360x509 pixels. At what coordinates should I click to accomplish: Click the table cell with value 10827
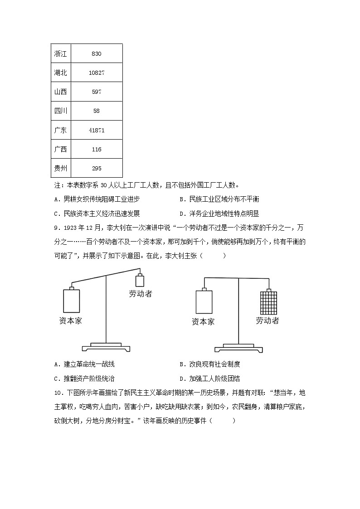pyautogui.click(x=96, y=73)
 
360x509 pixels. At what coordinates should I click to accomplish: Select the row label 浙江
pyautogui.click(x=60, y=53)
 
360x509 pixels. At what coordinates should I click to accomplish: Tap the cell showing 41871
pyautogui.click(x=96, y=130)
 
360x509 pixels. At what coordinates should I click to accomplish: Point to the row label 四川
pyautogui.click(x=60, y=111)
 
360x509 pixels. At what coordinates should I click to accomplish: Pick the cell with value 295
pyautogui.click(x=96, y=168)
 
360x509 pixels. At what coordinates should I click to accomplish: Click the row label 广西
pyautogui.click(x=60, y=149)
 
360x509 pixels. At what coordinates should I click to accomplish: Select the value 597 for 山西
pyautogui.click(x=96, y=92)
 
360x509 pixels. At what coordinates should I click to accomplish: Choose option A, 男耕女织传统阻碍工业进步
pyautogui.click(x=97, y=199)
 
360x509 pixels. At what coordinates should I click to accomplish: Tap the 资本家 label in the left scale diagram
pyautogui.click(x=71, y=320)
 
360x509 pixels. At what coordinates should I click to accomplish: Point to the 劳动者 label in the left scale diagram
pyautogui.click(x=140, y=294)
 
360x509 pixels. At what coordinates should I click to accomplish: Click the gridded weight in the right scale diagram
pyautogui.click(x=268, y=302)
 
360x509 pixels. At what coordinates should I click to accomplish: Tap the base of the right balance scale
pyautogui.click(x=239, y=348)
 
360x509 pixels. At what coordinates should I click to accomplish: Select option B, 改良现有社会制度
pyautogui.click(x=209, y=364)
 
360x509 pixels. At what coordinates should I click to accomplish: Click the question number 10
pyautogui.click(x=58, y=393)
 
